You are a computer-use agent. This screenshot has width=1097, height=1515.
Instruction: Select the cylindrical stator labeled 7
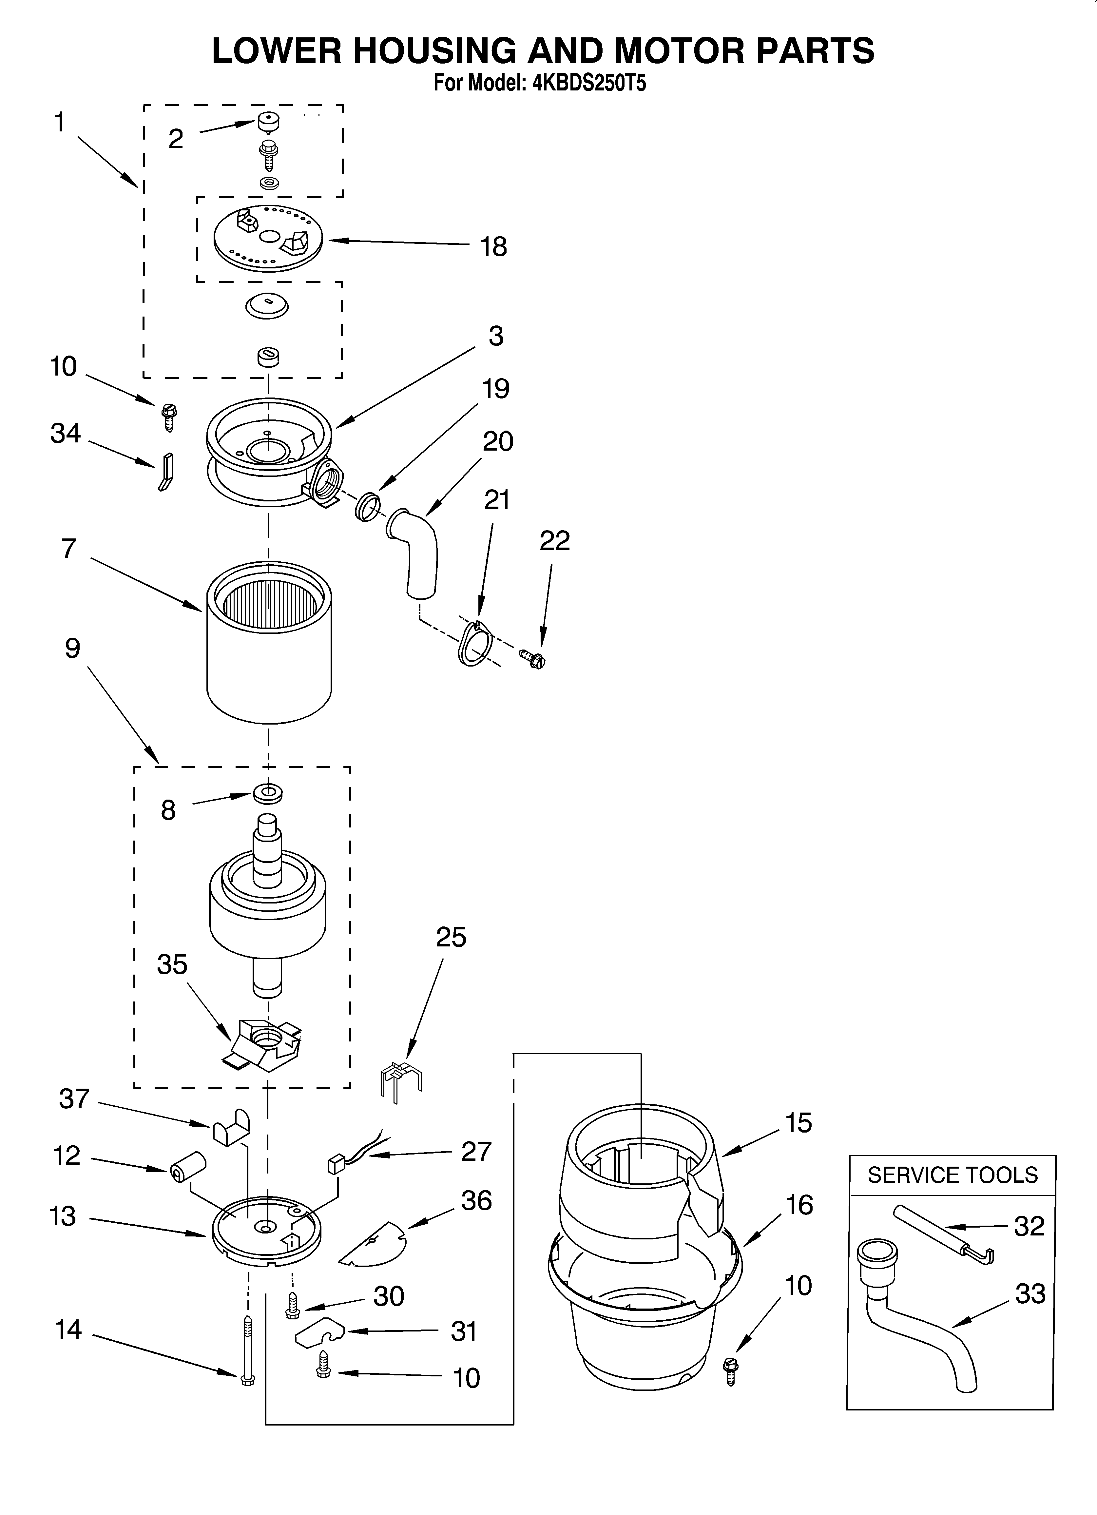(x=269, y=641)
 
